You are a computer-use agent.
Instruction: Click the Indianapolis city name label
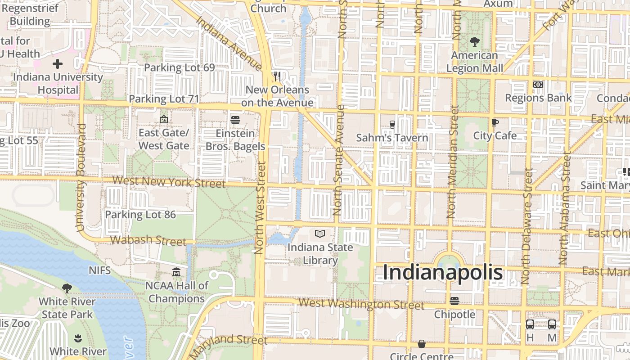(x=443, y=273)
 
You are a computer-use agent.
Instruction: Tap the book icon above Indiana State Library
(x=320, y=234)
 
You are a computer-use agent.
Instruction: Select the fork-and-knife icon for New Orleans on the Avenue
(x=277, y=76)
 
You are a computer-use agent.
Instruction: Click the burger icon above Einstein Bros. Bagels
(x=235, y=120)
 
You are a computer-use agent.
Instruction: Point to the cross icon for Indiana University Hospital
(x=58, y=64)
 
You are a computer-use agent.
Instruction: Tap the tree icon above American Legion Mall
(x=474, y=42)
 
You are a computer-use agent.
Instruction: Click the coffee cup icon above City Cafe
(x=495, y=122)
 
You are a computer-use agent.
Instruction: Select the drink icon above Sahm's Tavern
(x=392, y=124)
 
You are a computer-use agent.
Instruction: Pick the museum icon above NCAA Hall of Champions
(x=176, y=272)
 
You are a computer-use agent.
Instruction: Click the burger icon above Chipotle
(x=454, y=301)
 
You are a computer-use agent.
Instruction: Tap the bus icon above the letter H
(x=530, y=324)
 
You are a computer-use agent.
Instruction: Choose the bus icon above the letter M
(x=552, y=324)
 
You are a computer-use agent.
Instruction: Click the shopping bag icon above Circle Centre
(x=422, y=344)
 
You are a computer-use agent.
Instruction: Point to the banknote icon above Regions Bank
(x=538, y=85)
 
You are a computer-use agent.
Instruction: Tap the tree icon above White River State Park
(x=67, y=288)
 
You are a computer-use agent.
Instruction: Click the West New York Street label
(x=169, y=182)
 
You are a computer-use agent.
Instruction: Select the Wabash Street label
(x=148, y=240)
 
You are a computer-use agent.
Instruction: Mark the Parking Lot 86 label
(x=140, y=215)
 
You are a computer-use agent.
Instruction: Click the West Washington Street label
(x=361, y=304)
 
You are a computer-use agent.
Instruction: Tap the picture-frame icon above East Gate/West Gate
(x=164, y=120)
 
